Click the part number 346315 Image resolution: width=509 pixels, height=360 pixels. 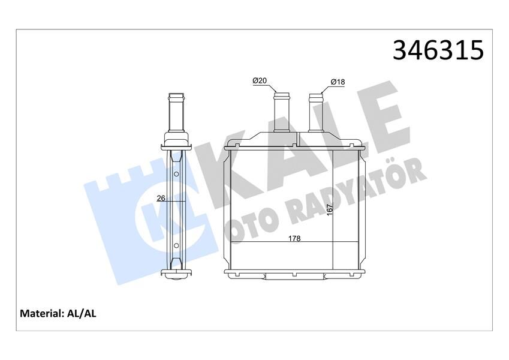[438, 50]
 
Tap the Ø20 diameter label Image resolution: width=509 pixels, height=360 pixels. [260, 80]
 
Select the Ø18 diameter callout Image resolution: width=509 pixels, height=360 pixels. [338, 82]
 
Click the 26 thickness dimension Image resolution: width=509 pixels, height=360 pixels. [161, 197]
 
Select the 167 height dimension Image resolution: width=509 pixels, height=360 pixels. [329, 211]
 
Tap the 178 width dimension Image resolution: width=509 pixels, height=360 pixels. [294, 238]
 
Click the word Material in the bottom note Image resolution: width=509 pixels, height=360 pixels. [42, 313]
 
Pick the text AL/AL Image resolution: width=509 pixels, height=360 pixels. [84, 313]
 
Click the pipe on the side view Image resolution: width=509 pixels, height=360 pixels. [176, 114]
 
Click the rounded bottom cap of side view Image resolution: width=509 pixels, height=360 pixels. [176, 275]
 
